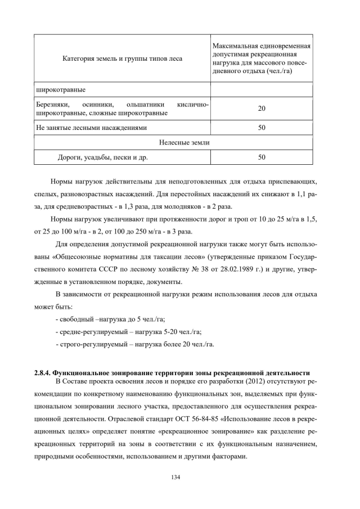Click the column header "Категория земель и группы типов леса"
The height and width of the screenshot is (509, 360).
(x=121, y=58)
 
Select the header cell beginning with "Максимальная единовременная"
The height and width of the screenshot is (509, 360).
(x=262, y=58)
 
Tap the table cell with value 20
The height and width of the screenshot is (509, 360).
(x=262, y=109)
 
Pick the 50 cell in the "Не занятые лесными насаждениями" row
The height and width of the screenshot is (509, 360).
(x=262, y=128)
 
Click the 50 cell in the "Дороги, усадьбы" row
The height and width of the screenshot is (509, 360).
(x=262, y=157)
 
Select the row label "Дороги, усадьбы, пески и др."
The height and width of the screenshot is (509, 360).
(x=102, y=157)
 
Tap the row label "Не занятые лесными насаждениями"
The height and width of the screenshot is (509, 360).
(x=91, y=128)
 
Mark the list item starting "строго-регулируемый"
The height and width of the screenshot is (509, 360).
(x=135, y=344)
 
